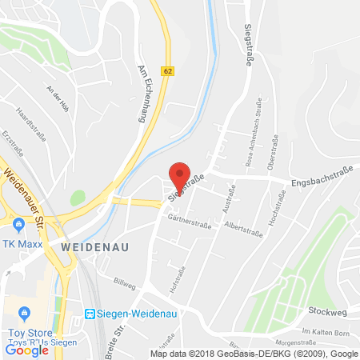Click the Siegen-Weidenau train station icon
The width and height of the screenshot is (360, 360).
(x=91, y=314)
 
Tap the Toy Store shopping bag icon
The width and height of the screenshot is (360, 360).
(x=25, y=311)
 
